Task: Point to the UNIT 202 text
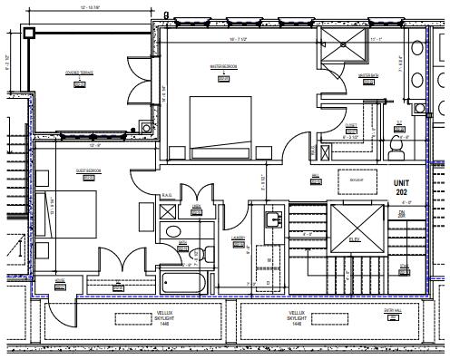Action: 401,187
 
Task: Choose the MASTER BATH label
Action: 367,75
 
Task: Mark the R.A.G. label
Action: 167,196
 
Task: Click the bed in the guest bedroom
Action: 68,208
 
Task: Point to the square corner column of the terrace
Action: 30,32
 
